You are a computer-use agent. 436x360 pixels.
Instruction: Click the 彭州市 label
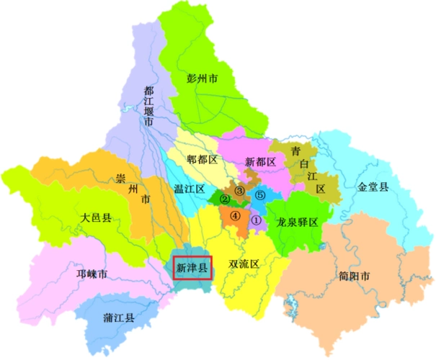203,78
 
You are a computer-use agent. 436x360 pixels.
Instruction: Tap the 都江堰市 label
149,107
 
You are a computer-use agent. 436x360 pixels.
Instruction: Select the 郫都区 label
203,160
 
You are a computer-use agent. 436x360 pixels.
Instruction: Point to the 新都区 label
261,162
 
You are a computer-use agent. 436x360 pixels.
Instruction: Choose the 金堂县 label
373,187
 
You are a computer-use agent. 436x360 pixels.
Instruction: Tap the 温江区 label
190,189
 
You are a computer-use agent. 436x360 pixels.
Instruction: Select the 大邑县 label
97,217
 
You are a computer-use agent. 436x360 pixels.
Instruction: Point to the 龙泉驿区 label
298,222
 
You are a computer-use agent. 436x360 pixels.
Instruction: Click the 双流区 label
244,264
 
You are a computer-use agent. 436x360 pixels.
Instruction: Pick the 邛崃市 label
92,274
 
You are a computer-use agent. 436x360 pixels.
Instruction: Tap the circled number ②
225,199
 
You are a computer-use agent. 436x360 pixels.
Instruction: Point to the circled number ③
240,190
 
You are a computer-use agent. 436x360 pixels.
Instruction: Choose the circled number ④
235,215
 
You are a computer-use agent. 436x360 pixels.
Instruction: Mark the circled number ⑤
261,195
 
